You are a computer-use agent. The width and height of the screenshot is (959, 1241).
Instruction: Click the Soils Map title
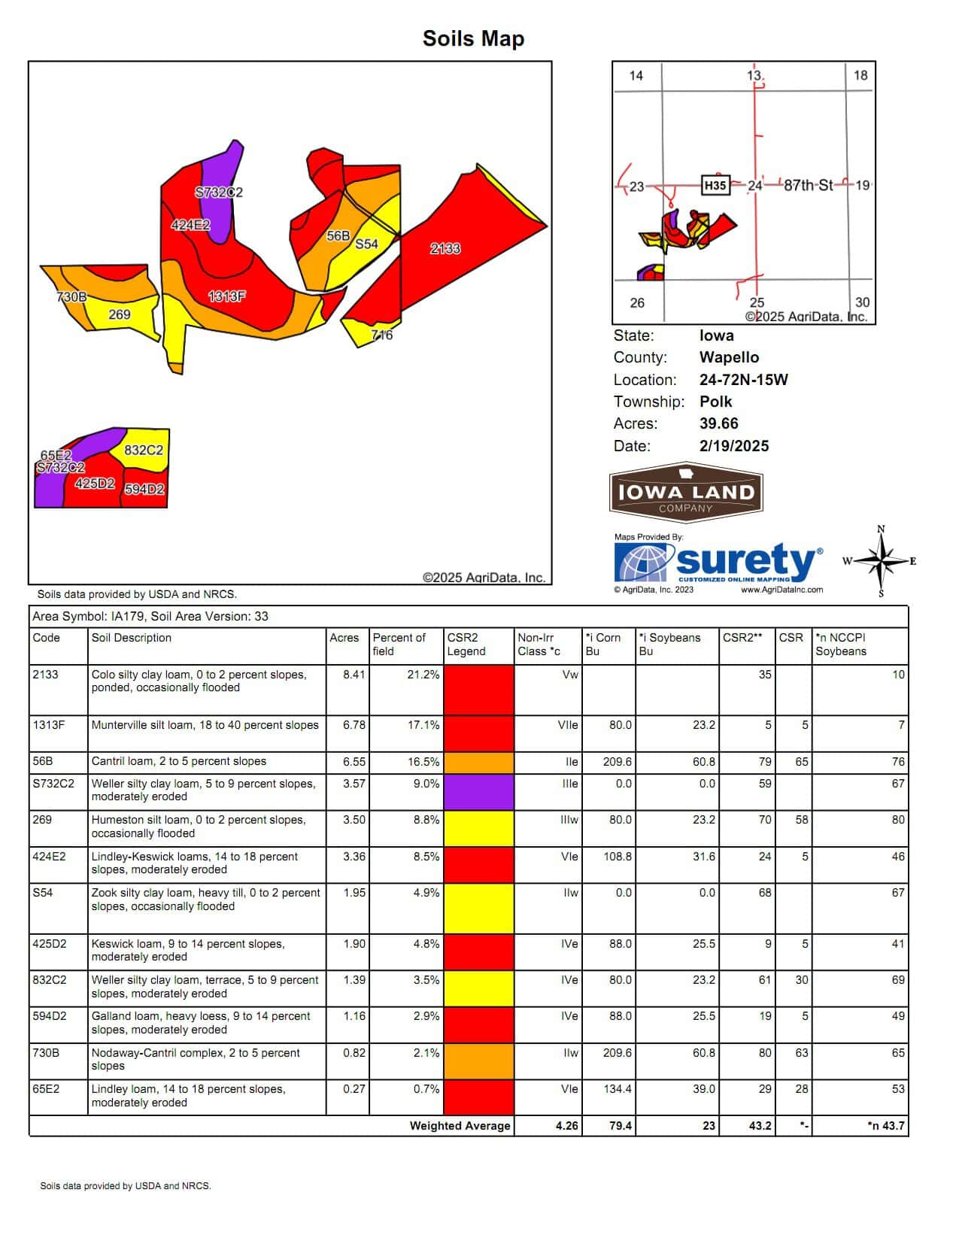coord(473,38)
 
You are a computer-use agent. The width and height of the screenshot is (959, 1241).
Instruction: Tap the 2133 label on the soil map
coord(445,248)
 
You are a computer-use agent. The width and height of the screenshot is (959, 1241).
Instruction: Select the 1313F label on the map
coord(226,296)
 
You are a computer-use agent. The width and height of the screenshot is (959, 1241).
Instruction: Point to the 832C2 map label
coord(143,450)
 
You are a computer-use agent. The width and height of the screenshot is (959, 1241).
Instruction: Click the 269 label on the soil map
coord(120,314)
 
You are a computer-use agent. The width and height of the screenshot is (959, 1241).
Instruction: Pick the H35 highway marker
coord(715,185)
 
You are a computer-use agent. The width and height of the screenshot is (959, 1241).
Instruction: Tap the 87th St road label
coord(808,185)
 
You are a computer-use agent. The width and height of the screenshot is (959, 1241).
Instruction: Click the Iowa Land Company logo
coord(686,493)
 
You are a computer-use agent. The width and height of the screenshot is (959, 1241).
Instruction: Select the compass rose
coord(882,561)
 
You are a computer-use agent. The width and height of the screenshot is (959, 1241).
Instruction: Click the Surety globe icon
coord(643,561)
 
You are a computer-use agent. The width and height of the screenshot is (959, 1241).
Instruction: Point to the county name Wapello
coord(729,357)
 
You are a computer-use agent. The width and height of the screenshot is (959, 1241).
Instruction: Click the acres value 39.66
coord(718,423)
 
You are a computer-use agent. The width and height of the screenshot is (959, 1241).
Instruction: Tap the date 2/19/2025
coord(733,445)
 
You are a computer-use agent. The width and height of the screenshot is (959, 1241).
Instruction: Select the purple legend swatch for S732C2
coord(478,792)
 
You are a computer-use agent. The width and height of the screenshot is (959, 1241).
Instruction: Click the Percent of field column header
coord(399,645)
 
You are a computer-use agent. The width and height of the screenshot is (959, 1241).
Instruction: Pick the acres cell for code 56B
coord(354,762)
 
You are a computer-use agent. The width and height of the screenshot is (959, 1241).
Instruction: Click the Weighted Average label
coord(460,1126)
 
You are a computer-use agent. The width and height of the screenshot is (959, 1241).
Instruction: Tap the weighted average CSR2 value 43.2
coord(760,1126)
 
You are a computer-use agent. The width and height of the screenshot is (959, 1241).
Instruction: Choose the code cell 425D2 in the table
coord(50,944)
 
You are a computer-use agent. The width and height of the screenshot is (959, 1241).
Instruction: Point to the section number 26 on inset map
coord(637,302)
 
